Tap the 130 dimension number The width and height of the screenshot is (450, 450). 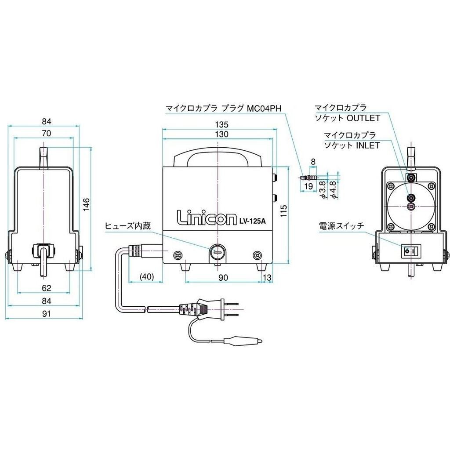pyautogui.click(x=218, y=134)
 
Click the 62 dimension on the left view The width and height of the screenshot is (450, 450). pyautogui.click(x=47, y=288)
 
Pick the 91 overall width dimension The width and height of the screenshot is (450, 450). pyautogui.click(x=47, y=313)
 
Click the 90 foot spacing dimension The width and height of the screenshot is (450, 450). pyautogui.click(x=223, y=277)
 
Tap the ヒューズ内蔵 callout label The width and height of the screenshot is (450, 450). pyautogui.click(x=128, y=226)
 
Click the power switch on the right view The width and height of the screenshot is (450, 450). pyautogui.click(x=410, y=252)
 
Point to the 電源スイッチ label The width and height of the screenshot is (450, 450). pyautogui.click(x=341, y=226)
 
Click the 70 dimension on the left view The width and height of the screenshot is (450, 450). pyautogui.click(x=47, y=133)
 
